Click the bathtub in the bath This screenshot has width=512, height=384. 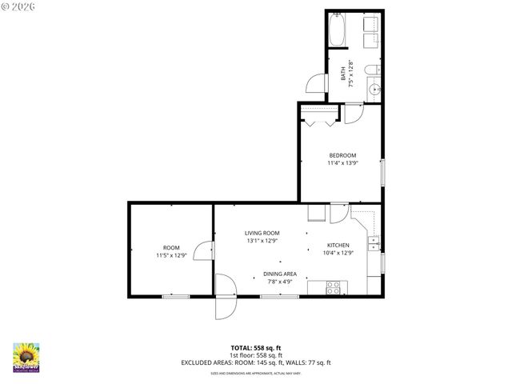click(x=338, y=30)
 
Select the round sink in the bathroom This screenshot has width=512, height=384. click(x=374, y=90)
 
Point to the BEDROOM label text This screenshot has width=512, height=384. click(x=342, y=155)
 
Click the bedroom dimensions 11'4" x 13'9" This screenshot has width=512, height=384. click(x=342, y=163)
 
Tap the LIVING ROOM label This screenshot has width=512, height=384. click(x=262, y=233)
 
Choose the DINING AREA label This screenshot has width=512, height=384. click(x=280, y=274)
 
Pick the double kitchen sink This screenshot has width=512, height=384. click(x=374, y=243)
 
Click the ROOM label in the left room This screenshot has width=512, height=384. click(x=171, y=248)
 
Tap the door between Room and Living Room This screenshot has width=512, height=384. click(x=206, y=251)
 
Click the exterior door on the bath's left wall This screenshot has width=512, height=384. click(x=317, y=82)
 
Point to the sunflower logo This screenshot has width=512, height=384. click(x=26, y=357)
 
